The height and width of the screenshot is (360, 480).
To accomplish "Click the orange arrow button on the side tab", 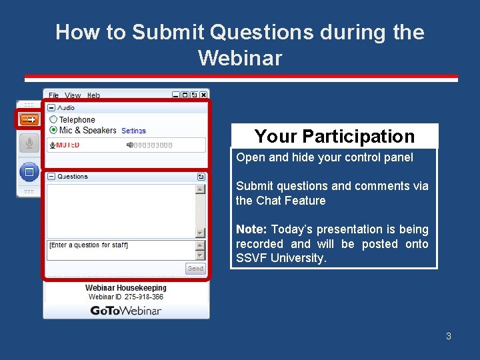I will (29, 119).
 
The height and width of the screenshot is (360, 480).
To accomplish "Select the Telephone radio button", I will (53, 120).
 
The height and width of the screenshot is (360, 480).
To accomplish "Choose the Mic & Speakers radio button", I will (53, 130).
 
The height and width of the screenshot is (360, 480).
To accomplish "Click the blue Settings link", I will (133, 131).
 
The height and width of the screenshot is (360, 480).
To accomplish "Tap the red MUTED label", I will (67, 145).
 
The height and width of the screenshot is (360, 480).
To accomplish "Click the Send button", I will (195, 269).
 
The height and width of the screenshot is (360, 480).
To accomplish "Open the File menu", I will (53, 95).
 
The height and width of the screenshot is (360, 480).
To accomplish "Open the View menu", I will (73, 95).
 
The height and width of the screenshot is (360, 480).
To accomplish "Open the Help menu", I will (93, 95).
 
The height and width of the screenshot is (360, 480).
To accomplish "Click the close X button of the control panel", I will (203, 95).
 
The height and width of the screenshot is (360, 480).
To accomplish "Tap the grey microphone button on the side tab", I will (29, 143).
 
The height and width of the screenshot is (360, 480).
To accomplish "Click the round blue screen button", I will (29, 173).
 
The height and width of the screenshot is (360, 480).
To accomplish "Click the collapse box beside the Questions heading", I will (51, 177).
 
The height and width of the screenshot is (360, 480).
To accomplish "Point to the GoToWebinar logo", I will (125, 311).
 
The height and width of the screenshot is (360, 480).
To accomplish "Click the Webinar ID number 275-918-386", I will (145, 297).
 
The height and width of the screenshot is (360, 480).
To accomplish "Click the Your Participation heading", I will (334, 136).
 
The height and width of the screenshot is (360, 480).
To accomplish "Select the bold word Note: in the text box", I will (251, 229).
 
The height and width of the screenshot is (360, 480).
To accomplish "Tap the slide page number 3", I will (449, 336).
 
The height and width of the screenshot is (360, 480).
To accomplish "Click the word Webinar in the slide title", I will (239, 58).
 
